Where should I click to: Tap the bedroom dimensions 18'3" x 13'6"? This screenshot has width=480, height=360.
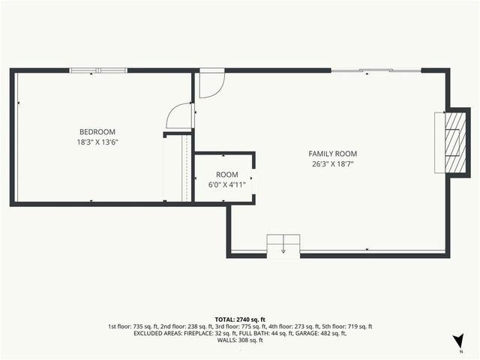point(97,142)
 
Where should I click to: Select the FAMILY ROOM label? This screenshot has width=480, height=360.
point(333,154)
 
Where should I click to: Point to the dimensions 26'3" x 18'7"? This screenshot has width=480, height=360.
point(333,163)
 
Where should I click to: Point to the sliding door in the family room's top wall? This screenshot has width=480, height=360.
point(376,71)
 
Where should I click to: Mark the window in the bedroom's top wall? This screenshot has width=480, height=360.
point(98,71)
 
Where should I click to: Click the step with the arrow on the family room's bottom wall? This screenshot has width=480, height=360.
point(283,245)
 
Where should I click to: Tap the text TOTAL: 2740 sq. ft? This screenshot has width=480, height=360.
point(240,319)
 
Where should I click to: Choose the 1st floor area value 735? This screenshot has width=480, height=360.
point(139,326)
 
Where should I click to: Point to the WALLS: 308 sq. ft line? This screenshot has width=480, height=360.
point(240,340)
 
